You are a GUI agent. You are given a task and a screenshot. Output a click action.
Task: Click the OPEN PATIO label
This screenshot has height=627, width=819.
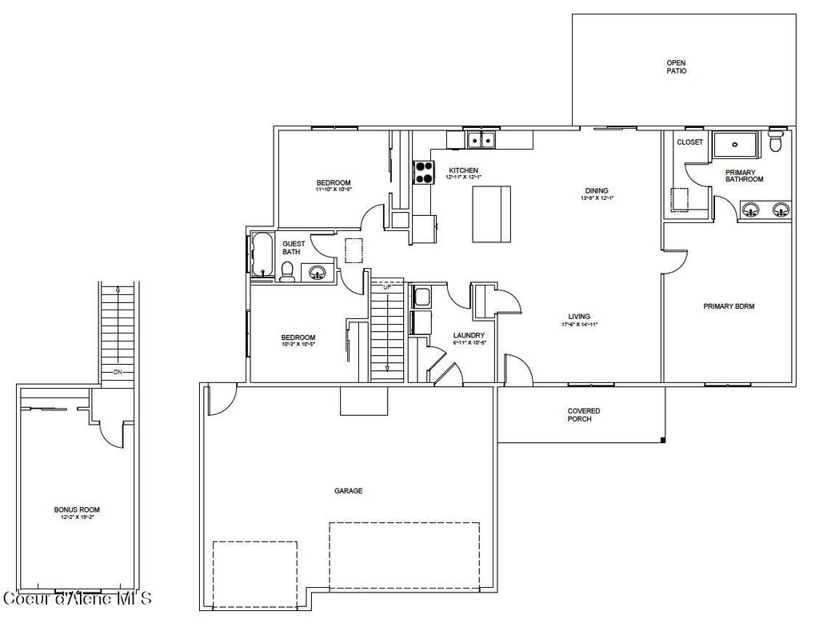(x=676, y=66)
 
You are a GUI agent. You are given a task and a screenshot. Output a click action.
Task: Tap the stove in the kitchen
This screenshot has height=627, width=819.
(x=423, y=173)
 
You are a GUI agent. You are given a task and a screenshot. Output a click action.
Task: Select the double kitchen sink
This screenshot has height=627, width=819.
(x=481, y=141)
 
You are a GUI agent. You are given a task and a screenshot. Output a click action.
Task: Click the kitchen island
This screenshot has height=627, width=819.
(x=491, y=213)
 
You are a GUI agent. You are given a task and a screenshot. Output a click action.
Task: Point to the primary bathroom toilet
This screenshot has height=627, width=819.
(x=774, y=143)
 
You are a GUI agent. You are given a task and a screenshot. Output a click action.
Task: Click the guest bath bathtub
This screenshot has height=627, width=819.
(x=262, y=254)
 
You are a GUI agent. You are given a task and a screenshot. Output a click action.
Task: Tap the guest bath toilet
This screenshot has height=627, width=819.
(x=286, y=271)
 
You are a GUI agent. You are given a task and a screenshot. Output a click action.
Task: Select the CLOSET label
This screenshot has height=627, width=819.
(x=689, y=142)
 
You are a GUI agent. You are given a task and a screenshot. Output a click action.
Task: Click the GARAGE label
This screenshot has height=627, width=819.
(x=348, y=491)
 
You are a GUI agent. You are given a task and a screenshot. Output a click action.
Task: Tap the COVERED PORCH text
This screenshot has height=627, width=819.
(x=584, y=415)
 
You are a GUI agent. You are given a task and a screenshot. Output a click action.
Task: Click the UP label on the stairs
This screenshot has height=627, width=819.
(x=388, y=286)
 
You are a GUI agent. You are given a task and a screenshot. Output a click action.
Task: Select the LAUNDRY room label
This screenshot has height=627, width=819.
(x=469, y=335)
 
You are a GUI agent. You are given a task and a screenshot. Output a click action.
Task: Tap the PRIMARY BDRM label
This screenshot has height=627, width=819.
(x=729, y=306)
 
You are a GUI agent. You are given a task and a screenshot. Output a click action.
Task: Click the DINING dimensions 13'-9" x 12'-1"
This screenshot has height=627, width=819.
(x=598, y=198)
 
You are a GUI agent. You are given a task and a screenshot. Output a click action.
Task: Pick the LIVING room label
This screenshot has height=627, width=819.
(x=580, y=317)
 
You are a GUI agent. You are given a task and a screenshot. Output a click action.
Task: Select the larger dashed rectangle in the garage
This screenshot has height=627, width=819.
(x=404, y=555)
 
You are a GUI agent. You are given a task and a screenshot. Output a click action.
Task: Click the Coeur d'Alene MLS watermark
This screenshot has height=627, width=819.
(x=78, y=598)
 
